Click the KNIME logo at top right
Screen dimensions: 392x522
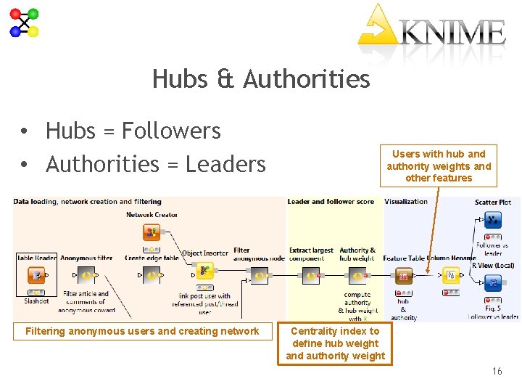click(x=433, y=30)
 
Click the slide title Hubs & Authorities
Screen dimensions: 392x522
click(x=261, y=78)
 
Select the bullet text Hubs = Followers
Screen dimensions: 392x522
click(x=133, y=131)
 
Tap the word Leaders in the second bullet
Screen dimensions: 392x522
click(x=225, y=164)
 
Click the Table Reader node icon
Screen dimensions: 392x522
click(x=36, y=275)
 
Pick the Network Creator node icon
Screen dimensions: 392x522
click(x=152, y=232)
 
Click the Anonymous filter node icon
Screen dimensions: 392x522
click(x=86, y=275)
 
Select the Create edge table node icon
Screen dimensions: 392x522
click(x=152, y=275)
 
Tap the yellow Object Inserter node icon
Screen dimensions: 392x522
click(x=205, y=271)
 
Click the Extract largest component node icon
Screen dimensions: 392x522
click(x=310, y=275)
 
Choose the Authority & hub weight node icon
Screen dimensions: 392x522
click(x=357, y=275)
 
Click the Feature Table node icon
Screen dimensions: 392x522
click(x=404, y=276)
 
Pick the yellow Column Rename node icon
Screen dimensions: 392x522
click(x=451, y=275)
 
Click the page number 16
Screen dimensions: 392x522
click(x=497, y=372)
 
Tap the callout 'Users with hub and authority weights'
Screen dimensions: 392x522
click(x=438, y=166)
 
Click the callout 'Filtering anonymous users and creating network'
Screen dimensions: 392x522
click(x=142, y=331)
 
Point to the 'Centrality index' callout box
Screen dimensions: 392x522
click(x=335, y=343)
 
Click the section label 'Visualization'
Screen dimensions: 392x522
click(x=406, y=202)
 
